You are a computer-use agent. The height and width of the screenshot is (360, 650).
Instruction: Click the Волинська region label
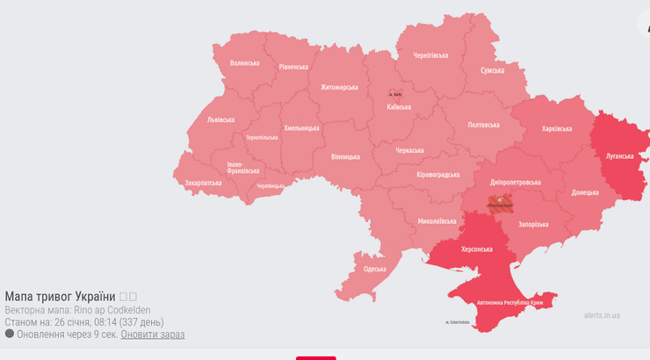tap(245, 63)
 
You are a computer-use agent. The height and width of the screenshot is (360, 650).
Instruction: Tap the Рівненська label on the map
tap(293, 67)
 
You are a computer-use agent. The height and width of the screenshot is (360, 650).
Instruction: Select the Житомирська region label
tap(339, 87)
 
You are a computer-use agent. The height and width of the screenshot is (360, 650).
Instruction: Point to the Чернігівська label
tap(430, 55)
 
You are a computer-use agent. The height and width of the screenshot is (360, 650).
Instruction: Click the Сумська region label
tap(492, 70)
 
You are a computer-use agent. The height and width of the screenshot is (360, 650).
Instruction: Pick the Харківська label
tap(557, 128)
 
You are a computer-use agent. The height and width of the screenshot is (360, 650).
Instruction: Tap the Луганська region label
tap(619, 155)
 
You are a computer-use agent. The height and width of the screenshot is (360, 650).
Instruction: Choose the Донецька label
tap(585, 191)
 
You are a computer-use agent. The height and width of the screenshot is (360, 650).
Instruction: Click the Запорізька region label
tap(533, 224)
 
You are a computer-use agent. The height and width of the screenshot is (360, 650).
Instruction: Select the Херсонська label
tap(478, 250)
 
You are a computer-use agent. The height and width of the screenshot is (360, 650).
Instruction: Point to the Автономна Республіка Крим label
tap(510, 303)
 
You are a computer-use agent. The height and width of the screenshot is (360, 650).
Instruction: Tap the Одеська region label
tap(374, 269)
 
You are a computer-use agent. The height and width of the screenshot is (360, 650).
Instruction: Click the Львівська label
tap(220, 119)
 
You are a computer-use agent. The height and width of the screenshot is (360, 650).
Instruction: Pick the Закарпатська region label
tap(203, 183)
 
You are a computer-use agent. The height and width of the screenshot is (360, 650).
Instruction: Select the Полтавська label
tap(484, 125)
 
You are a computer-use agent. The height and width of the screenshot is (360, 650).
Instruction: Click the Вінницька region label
tap(345, 156)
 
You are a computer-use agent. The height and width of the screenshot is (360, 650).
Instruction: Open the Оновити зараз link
tap(153, 335)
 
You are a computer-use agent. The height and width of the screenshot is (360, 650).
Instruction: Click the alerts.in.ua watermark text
tap(602, 315)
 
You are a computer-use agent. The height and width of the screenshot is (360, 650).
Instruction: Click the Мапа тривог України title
tap(60, 297)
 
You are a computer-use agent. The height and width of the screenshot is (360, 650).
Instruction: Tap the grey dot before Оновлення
tap(10, 334)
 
